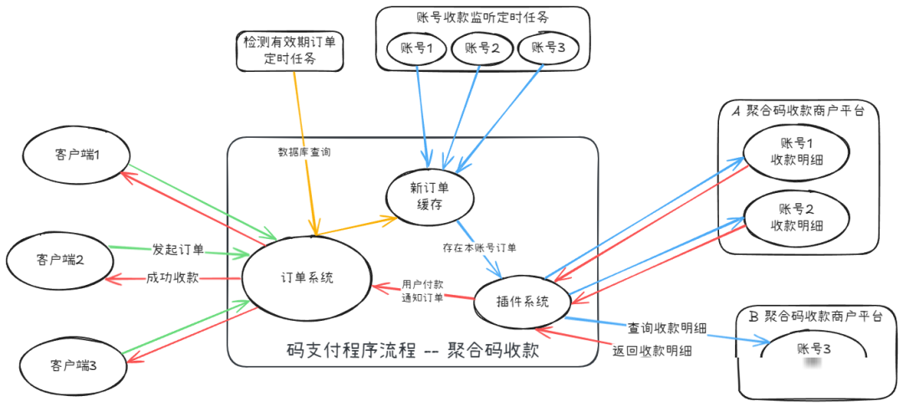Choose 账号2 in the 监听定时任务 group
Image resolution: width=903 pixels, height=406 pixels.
tap(482, 48)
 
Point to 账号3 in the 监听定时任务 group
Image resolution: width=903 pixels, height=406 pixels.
tap(548, 48)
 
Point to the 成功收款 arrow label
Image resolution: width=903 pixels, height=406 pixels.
tap(172, 277)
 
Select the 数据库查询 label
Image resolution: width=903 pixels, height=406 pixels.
tap(304, 152)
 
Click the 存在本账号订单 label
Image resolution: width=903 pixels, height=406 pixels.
tap(480, 248)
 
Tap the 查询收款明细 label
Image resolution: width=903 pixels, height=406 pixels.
tap(668, 328)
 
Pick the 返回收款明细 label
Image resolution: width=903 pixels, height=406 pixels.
tap(652, 351)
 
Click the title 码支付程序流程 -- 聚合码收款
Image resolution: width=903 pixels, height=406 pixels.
tap(412, 350)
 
